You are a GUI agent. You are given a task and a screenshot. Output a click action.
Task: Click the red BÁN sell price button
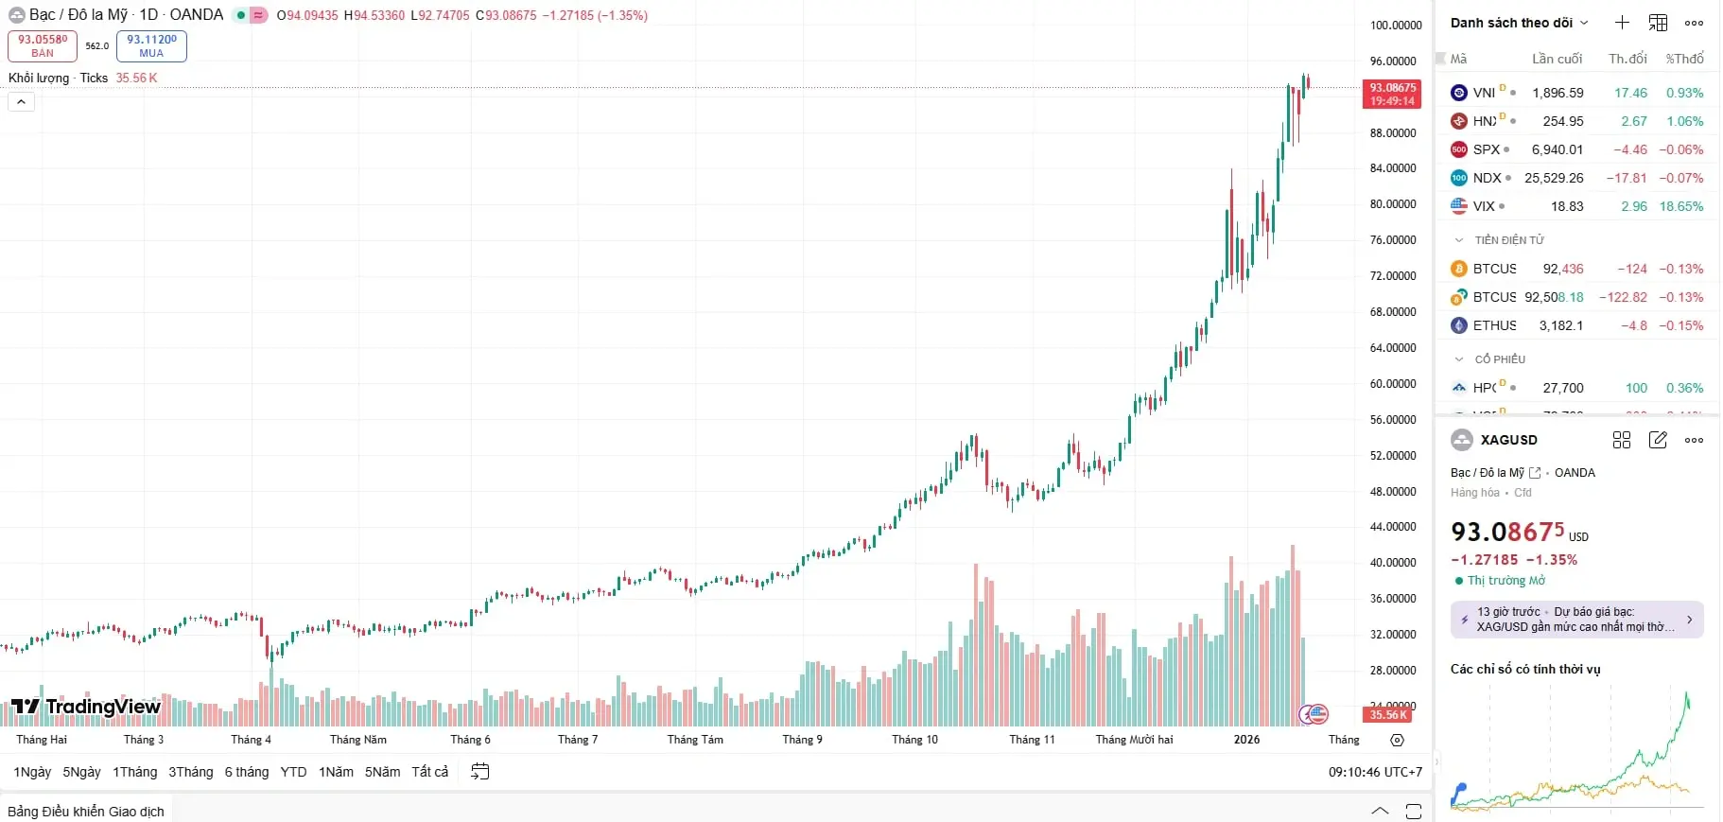(x=43, y=45)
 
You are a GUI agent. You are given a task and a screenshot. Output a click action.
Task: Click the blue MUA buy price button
(x=151, y=45)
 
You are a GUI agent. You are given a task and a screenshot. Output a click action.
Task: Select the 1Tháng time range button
(x=135, y=772)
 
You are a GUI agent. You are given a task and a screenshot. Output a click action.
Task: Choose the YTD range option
(x=293, y=772)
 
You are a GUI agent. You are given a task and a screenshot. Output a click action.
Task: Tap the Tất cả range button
(x=430, y=772)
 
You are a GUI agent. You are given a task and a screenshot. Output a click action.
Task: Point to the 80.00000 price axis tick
(x=1393, y=204)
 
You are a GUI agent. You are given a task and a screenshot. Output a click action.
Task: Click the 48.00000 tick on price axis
(x=1393, y=492)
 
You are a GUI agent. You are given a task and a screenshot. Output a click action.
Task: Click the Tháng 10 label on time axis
(x=914, y=740)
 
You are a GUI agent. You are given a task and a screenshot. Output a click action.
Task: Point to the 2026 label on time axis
(x=1246, y=740)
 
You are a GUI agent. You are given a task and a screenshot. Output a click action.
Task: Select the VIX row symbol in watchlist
(x=1483, y=206)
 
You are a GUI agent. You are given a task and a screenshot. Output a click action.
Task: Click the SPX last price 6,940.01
(x=1558, y=149)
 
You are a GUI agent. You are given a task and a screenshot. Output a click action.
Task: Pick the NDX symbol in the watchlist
(x=1487, y=178)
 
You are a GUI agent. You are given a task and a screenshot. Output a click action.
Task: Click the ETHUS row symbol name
(x=1494, y=325)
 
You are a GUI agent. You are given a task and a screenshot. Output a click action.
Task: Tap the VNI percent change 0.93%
(x=1684, y=93)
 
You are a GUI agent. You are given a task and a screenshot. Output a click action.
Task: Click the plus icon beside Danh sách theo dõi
(x=1622, y=23)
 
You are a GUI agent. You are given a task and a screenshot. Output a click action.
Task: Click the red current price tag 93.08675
(x=1392, y=94)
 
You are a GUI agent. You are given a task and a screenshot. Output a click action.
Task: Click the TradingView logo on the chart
(x=86, y=707)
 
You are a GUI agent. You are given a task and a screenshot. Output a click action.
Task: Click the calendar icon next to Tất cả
(x=480, y=772)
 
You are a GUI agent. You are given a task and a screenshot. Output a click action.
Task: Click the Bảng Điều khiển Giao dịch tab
(x=86, y=812)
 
